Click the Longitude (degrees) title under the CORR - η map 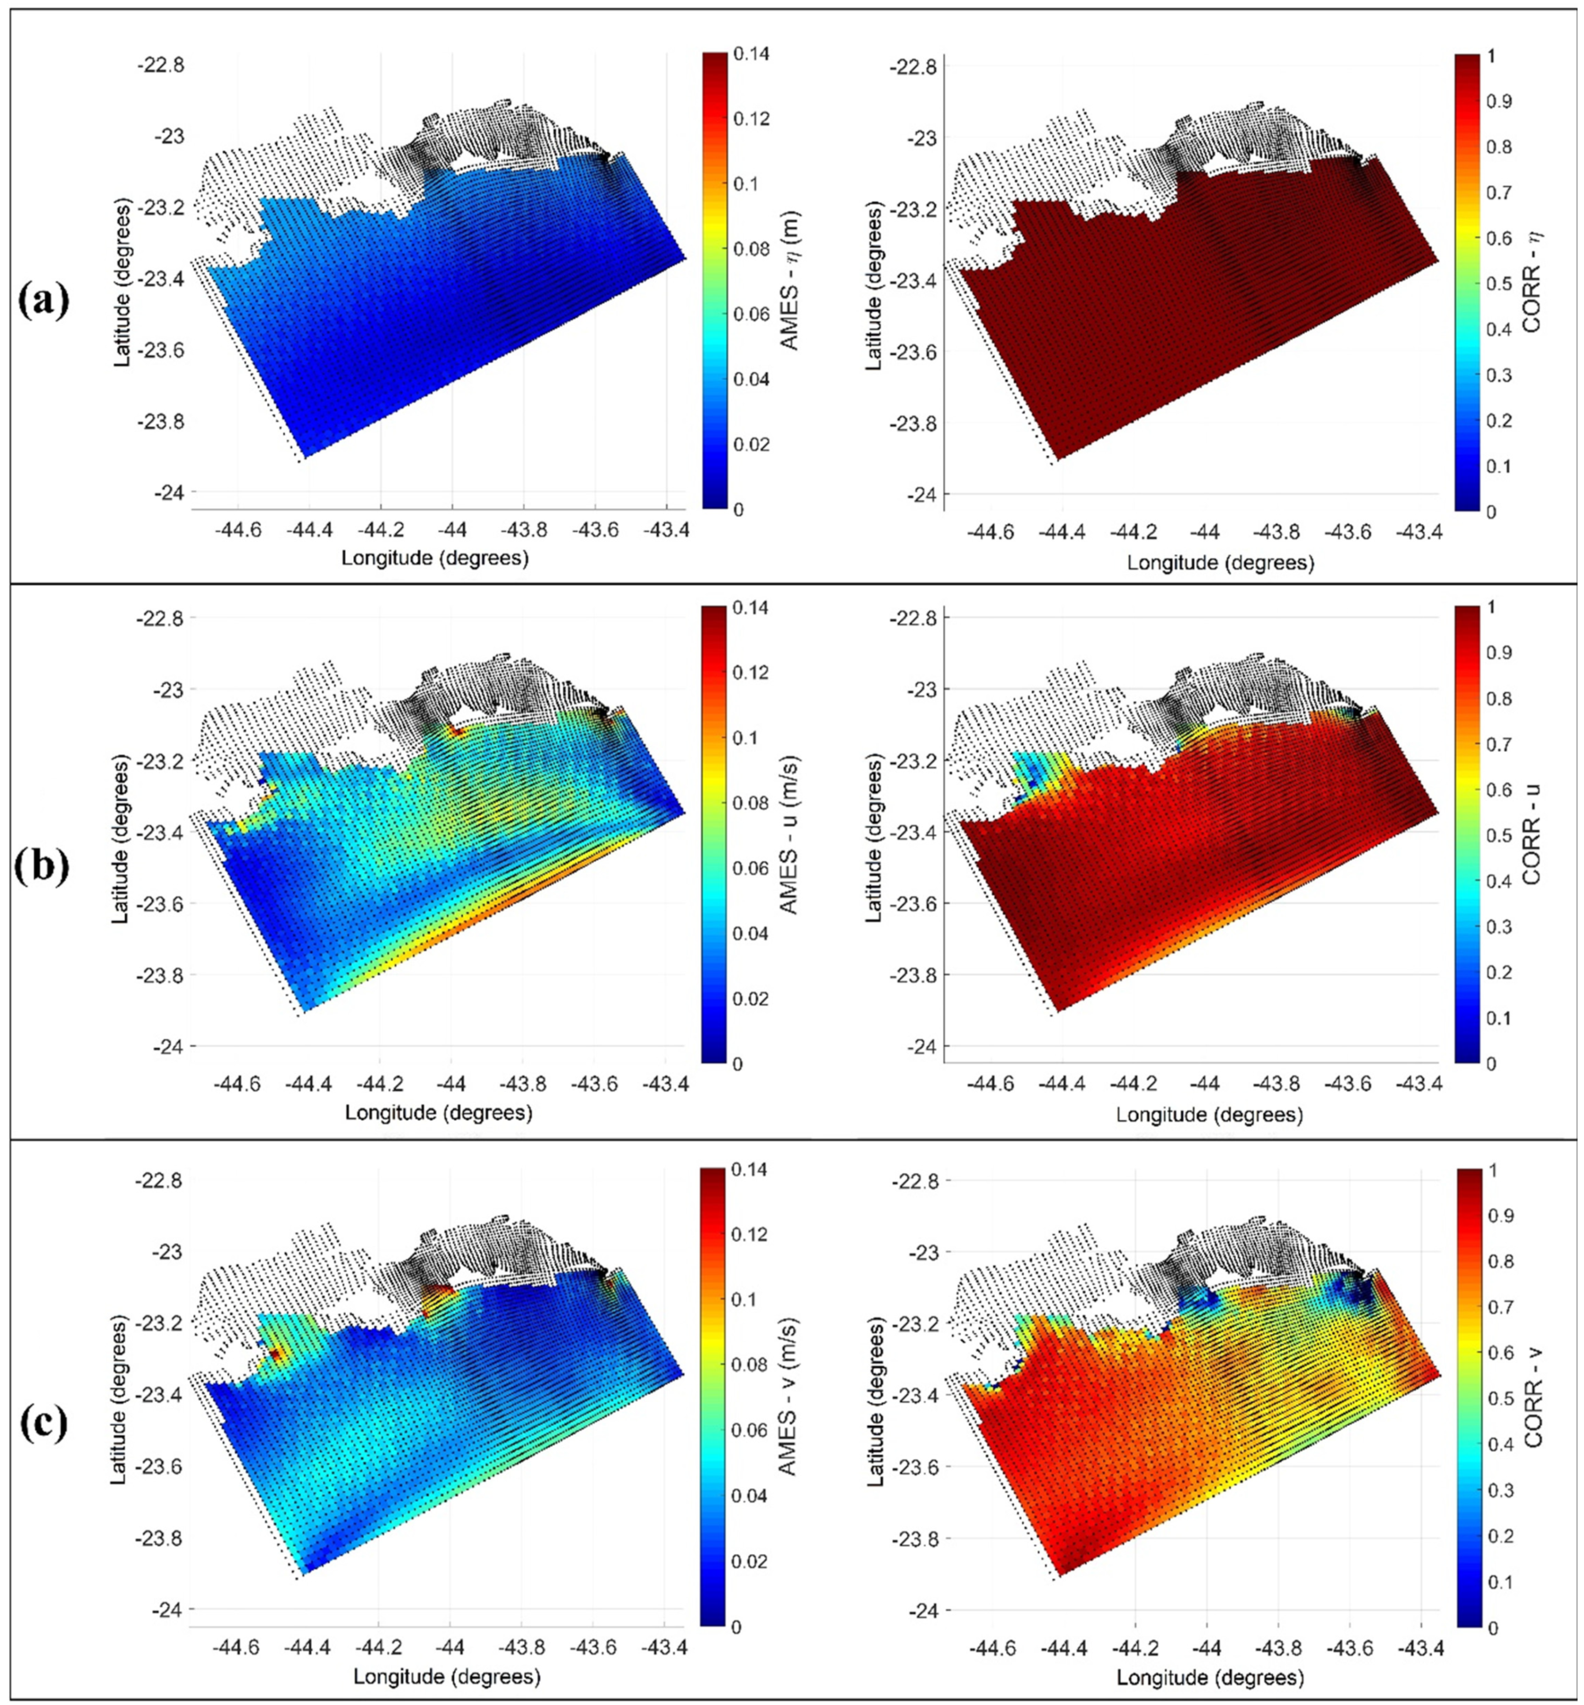(1220, 563)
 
